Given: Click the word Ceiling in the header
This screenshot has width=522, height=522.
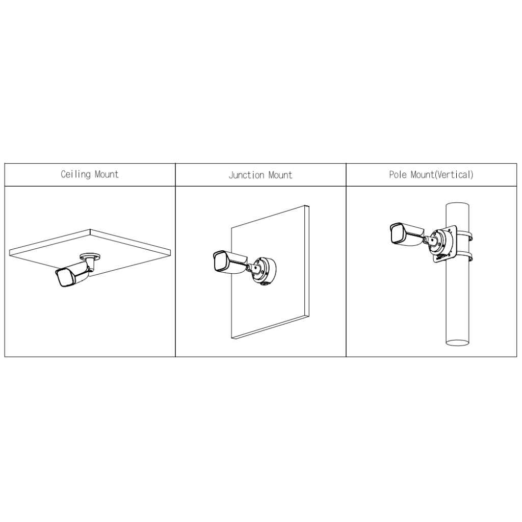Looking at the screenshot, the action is tap(75, 174).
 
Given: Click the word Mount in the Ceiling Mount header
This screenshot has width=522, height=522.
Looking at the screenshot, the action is tap(107, 174).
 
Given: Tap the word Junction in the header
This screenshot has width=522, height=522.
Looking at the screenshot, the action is tap(246, 175).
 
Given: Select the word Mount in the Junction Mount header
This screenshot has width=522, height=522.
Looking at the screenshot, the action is tap(280, 175).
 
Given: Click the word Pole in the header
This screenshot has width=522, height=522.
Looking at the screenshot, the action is tap(398, 174).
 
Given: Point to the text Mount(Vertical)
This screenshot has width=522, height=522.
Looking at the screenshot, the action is tap(442, 175).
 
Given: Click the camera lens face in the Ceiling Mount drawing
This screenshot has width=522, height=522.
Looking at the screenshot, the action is tap(63, 278).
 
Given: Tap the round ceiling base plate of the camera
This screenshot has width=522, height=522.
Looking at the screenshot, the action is tap(90, 256).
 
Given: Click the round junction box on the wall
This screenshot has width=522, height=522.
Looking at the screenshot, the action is tap(263, 270).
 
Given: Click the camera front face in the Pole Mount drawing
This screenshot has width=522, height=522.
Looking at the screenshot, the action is tap(396, 232).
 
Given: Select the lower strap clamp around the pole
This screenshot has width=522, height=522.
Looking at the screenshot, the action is tap(464, 257).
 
